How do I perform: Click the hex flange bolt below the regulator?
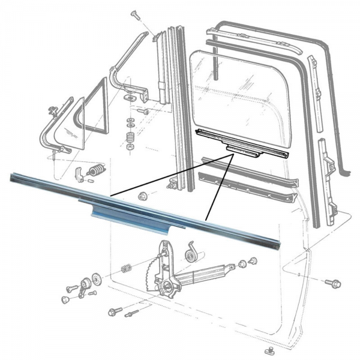pos(115,311)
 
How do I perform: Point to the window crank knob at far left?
pos(66,299)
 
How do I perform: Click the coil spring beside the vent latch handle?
pos(95,172)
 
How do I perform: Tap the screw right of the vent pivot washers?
pos(143,111)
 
